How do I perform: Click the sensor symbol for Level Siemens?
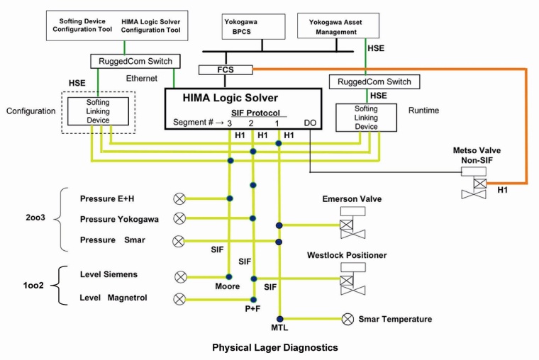click(x=180, y=276)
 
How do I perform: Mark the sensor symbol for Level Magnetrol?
click(x=180, y=298)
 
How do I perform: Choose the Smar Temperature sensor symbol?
click(x=348, y=320)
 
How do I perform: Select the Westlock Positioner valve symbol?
click(x=347, y=281)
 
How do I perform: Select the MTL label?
click(x=280, y=330)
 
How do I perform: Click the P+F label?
click(x=254, y=310)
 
